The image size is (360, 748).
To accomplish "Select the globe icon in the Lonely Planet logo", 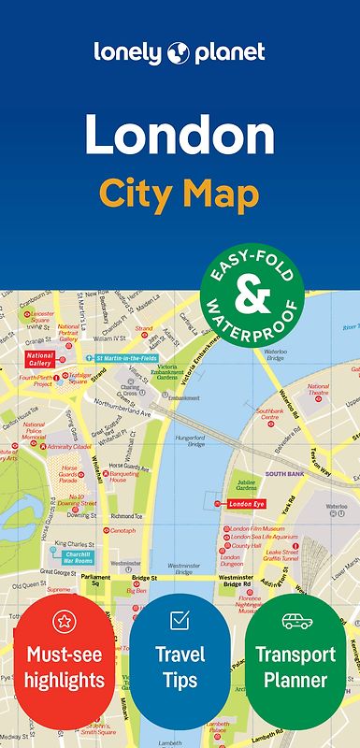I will click(x=179, y=53).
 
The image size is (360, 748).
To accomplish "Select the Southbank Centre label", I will click(x=269, y=414).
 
